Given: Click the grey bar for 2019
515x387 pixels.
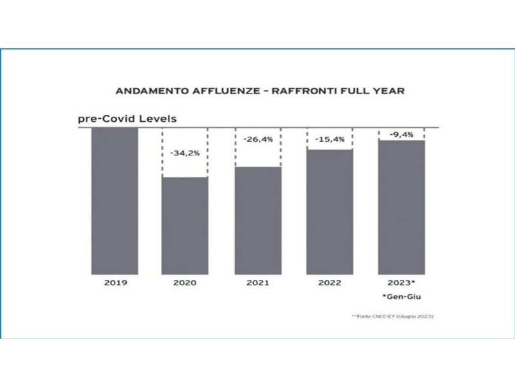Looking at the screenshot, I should click(x=115, y=201).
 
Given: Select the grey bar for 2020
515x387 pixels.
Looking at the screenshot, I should click(x=185, y=225).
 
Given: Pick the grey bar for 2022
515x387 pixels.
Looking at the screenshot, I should click(x=330, y=212).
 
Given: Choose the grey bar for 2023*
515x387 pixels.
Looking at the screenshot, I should click(x=402, y=207).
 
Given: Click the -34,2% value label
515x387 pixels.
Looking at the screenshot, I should click(x=185, y=154).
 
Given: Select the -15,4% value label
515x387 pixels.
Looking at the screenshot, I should click(x=330, y=139).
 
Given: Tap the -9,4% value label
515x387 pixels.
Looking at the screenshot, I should click(x=402, y=134).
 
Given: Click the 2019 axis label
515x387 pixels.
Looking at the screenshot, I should click(x=115, y=283).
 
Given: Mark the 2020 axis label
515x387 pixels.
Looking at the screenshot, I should click(x=185, y=283).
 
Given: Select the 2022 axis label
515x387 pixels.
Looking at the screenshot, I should click(x=330, y=283).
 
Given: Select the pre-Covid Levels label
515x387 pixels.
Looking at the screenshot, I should click(x=127, y=119).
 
